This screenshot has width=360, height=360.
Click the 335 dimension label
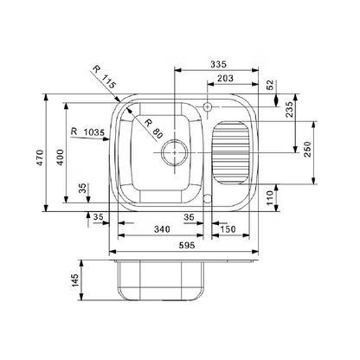(218, 64)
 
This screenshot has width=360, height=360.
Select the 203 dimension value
(225, 78)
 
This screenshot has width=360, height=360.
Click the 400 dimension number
(60, 157)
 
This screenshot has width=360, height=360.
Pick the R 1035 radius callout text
(87, 132)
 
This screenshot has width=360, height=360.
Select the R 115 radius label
(105, 77)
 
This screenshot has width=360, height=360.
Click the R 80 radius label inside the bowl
(153, 128)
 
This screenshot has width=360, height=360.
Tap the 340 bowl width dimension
(162, 229)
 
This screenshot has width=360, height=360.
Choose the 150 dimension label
(228, 229)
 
